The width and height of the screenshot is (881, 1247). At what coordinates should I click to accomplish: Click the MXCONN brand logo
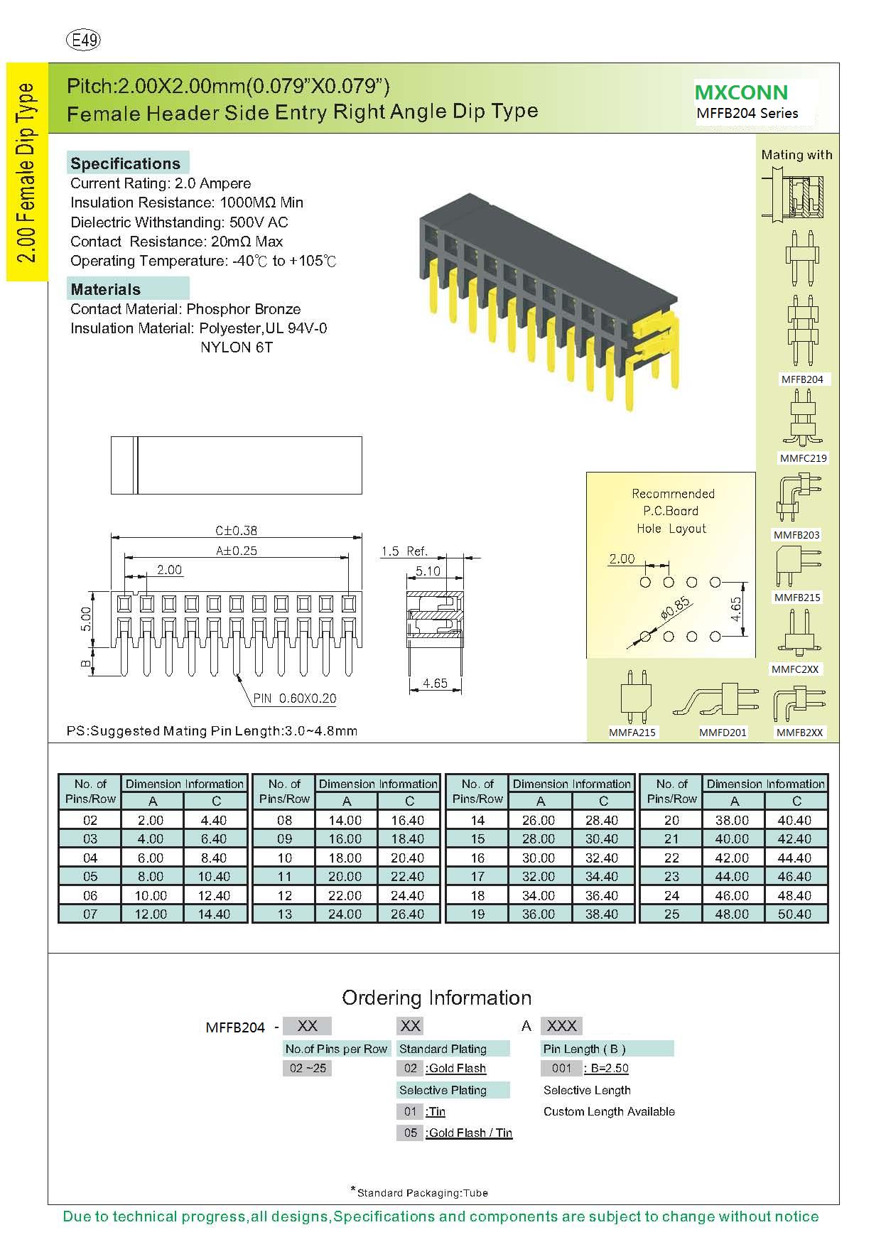click(x=741, y=92)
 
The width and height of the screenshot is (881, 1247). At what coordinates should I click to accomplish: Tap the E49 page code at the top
click(x=83, y=41)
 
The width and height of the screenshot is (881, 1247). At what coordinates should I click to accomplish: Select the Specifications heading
click(x=125, y=163)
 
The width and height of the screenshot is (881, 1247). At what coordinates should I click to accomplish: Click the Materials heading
click(x=105, y=289)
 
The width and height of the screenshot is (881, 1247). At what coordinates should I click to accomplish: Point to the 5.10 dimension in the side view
click(x=428, y=571)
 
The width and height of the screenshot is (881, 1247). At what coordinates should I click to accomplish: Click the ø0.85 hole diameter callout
click(x=675, y=609)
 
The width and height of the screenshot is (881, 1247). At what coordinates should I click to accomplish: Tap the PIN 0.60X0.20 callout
click(x=295, y=698)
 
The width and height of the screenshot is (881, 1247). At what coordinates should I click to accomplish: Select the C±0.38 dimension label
click(x=237, y=531)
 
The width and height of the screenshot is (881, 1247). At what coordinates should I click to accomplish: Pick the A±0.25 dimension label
click(x=237, y=551)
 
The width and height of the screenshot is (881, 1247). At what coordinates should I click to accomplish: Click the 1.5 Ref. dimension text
click(x=404, y=551)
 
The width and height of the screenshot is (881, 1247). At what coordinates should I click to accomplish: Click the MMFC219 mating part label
click(x=803, y=458)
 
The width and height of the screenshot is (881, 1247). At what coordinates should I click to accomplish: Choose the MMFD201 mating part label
click(x=723, y=732)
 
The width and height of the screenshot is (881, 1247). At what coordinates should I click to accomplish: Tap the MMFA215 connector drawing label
click(x=632, y=732)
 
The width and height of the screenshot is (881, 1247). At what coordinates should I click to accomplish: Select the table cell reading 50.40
click(x=794, y=914)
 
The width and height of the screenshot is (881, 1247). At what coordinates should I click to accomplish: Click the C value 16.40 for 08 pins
click(x=408, y=820)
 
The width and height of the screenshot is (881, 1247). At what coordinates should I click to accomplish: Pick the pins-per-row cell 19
click(x=477, y=914)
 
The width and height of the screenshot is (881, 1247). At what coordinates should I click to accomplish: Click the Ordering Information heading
click(x=436, y=998)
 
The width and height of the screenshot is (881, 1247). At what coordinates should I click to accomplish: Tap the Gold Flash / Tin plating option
click(x=470, y=1133)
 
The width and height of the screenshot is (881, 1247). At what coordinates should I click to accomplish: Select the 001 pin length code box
click(x=561, y=1068)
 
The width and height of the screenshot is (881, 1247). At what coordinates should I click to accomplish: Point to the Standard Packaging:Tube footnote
click(x=421, y=1193)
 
